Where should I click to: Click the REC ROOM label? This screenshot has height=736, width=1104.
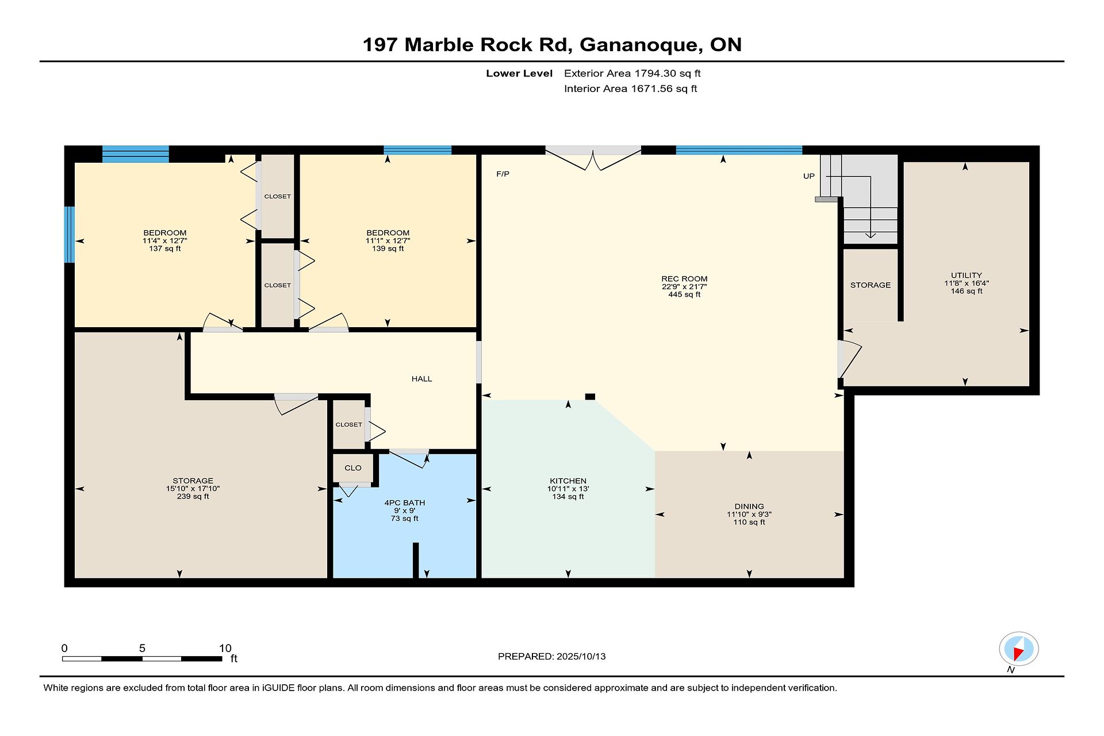684,279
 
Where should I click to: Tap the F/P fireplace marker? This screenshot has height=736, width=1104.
503,174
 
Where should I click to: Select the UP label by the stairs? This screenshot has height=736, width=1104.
809,177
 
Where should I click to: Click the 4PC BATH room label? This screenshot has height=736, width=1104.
405,503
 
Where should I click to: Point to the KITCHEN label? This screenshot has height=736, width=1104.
568,481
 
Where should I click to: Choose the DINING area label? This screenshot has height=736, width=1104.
749,507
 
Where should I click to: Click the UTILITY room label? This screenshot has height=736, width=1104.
967,275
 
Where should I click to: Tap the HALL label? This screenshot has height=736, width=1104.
421,379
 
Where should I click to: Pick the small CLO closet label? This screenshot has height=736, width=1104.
353,468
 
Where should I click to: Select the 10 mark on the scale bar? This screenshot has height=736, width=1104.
225,649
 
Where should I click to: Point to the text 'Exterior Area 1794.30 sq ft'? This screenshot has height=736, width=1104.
632,74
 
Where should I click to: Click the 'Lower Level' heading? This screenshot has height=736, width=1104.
519,74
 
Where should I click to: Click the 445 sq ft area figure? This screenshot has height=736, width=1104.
684,294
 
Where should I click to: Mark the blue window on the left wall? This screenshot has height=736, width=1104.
70,235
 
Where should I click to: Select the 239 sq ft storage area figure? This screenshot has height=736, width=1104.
193,496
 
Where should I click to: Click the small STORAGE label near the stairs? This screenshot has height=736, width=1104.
871,285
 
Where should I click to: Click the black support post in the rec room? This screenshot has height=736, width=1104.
590,397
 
